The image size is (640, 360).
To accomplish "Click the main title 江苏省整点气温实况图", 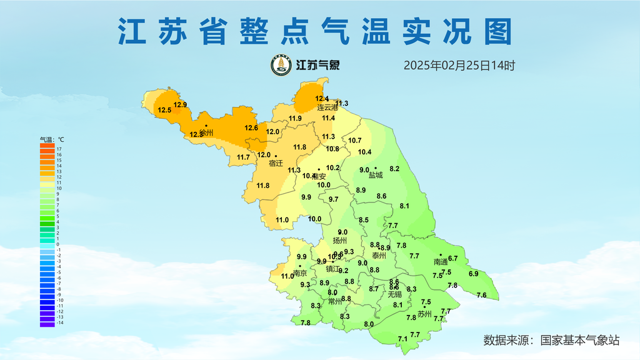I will click(315, 32).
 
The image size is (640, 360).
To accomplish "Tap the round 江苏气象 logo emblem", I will click(281, 65).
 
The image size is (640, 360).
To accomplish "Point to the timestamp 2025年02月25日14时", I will click(459, 65).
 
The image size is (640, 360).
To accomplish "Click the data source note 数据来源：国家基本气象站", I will click(551, 341).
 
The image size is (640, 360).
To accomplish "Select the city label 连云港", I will click(327, 107).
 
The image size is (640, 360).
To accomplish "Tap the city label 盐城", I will click(376, 176).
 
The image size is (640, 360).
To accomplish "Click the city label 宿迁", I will click(276, 164).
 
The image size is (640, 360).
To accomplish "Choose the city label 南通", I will click(441, 262).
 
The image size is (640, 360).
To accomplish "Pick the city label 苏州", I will click(424, 314).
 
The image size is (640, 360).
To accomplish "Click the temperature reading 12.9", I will click(181, 104).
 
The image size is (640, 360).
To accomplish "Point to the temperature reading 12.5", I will click(165, 111).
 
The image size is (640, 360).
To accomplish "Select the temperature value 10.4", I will click(365, 152).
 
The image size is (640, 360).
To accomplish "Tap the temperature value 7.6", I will click(481, 295).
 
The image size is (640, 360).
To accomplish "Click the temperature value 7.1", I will click(402, 339).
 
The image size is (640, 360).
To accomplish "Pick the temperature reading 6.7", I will click(453, 258).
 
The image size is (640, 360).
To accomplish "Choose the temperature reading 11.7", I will click(243, 157).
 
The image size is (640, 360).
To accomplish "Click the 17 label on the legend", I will click(59, 149).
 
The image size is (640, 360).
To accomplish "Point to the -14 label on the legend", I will click(60, 322).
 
